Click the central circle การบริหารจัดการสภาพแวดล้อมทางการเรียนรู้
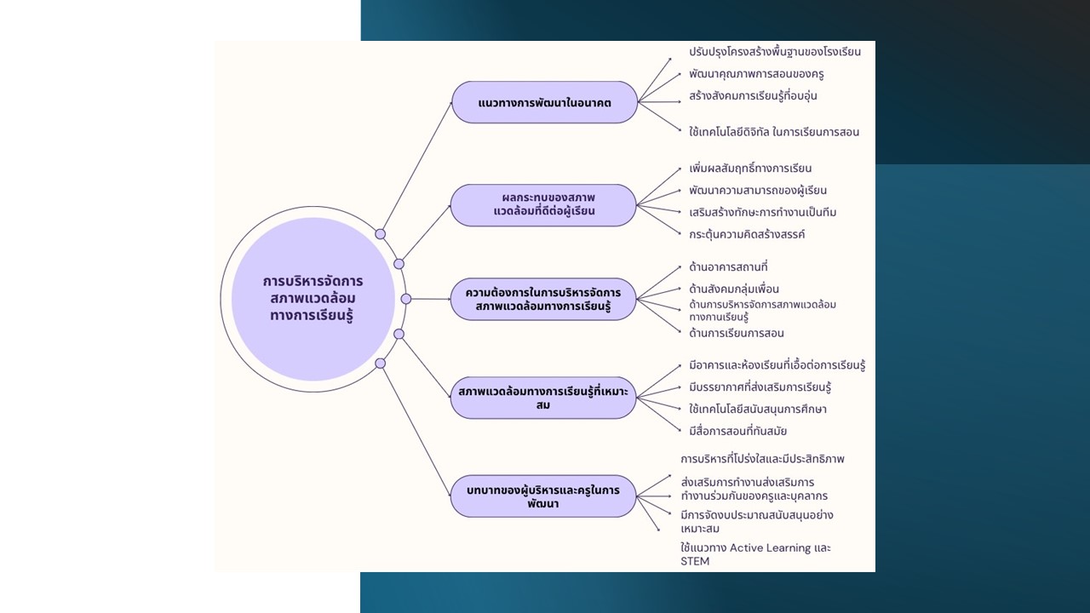point(313,299)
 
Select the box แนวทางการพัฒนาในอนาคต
point(544,102)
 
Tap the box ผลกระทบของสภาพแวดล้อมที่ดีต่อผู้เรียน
point(543,205)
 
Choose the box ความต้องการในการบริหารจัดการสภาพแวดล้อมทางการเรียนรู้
point(543,299)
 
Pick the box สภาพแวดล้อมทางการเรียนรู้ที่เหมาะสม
point(543,398)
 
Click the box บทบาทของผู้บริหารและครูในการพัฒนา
point(543,496)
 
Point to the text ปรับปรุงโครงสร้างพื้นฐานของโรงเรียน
point(775,52)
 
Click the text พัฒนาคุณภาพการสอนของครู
point(756,74)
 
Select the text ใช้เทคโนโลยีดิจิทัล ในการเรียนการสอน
point(774,132)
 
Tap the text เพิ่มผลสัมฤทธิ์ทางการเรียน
point(750,169)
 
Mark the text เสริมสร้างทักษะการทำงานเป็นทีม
point(762,212)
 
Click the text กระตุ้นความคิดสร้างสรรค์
point(747,234)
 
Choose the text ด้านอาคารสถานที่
point(728,267)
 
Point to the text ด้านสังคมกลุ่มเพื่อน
point(734,289)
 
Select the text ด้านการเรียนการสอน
point(737,334)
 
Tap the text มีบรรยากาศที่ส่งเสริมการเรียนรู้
point(760,387)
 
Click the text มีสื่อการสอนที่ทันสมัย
point(737,432)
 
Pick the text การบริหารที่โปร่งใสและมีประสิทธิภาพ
point(762,459)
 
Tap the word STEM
point(695,561)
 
